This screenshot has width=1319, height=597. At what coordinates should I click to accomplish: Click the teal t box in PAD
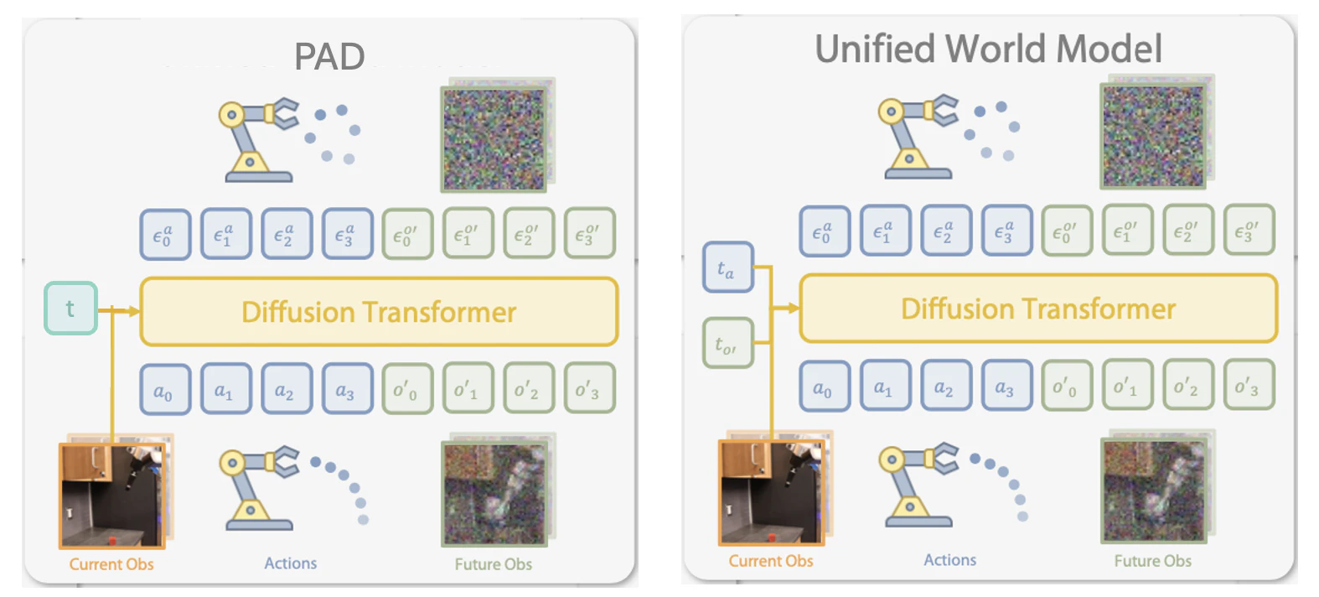click(x=70, y=309)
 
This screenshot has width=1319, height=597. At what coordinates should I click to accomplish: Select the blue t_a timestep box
click(x=728, y=267)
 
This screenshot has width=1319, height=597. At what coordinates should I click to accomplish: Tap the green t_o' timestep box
click(x=728, y=343)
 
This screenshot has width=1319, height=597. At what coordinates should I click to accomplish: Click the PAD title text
click(x=329, y=56)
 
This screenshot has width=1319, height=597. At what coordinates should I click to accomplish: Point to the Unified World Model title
click(x=989, y=49)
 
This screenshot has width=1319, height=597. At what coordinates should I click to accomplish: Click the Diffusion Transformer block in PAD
click(x=380, y=311)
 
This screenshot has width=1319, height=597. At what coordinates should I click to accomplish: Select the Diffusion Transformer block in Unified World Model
click(x=1038, y=309)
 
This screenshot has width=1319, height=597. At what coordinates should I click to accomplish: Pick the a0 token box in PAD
click(x=165, y=390)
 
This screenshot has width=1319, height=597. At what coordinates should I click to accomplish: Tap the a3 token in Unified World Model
click(x=1006, y=386)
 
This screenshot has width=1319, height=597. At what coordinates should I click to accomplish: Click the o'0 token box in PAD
click(x=407, y=388)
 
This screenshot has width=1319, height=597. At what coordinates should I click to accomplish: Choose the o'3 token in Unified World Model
click(x=1249, y=384)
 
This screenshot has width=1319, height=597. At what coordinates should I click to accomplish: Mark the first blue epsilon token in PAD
click(x=165, y=235)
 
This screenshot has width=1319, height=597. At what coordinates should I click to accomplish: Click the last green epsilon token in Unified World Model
click(x=1249, y=230)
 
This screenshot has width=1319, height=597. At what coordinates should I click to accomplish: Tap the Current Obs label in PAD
click(x=111, y=564)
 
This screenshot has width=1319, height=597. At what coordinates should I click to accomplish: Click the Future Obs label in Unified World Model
click(x=1152, y=560)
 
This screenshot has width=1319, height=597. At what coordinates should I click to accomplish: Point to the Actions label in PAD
click(x=290, y=563)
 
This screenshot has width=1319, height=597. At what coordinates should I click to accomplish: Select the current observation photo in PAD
click(x=112, y=496)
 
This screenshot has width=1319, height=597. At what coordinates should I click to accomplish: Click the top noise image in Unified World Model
click(x=1153, y=136)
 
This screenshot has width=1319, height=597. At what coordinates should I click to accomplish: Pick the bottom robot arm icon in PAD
click(x=259, y=487)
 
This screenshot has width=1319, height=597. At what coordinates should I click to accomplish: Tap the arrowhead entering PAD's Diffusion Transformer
click(x=134, y=310)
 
